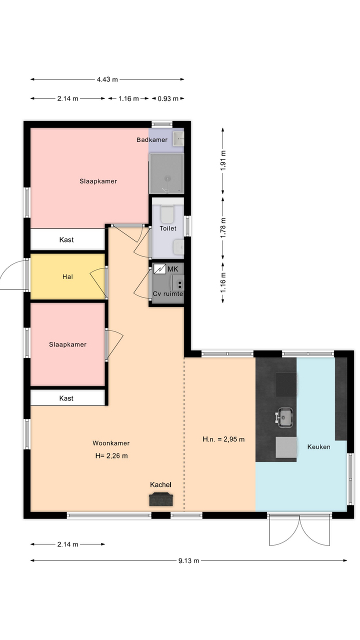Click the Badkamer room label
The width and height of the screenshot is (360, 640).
pyautogui.click(x=151, y=139)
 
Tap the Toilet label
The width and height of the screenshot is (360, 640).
pyautogui.click(x=167, y=228)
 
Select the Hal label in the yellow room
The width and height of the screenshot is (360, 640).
pyautogui.click(x=67, y=276)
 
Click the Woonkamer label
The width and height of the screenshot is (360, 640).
pyautogui.click(x=111, y=443)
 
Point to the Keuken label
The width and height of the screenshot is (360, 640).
pyautogui.click(x=318, y=447)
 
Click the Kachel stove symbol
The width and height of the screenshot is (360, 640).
pyautogui.click(x=161, y=499)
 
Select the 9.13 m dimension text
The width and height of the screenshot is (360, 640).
pyautogui.click(x=188, y=560)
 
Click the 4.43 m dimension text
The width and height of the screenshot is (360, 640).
pyautogui.click(x=107, y=79)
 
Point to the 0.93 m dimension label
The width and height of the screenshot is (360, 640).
pyautogui.click(x=168, y=98)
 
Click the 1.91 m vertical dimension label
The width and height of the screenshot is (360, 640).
pyautogui.click(x=223, y=160)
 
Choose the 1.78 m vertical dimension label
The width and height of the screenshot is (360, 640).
pyautogui.click(x=223, y=227)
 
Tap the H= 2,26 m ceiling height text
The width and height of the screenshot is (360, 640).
pyautogui.click(x=111, y=455)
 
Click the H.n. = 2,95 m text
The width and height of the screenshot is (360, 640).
pyautogui.click(x=223, y=439)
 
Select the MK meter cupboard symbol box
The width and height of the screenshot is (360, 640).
pyautogui.click(x=159, y=269)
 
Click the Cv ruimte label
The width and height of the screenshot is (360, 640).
pyautogui.click(x=167, y=293)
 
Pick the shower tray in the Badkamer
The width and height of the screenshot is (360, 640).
pyautogui.click(x=166, y=173)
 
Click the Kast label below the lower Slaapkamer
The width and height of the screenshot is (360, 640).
pyautogui.click(x=66, y=398)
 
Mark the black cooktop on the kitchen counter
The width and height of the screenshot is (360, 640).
pyautogui.click(x=286, y=385)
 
